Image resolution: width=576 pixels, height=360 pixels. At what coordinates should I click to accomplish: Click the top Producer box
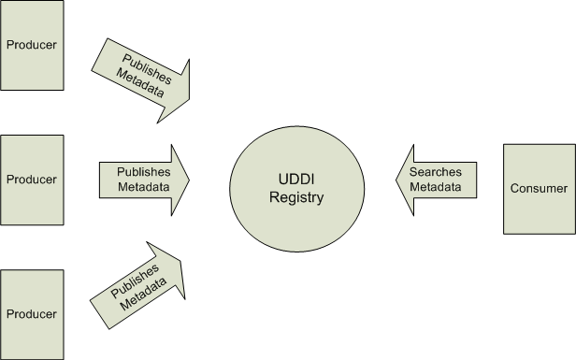32,45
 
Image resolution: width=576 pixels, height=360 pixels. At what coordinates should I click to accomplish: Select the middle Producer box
32,179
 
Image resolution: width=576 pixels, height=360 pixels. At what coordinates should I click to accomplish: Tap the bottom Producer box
32,313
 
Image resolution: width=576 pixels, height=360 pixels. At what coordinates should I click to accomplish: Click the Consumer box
539,189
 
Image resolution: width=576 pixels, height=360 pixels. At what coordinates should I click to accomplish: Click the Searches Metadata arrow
434,180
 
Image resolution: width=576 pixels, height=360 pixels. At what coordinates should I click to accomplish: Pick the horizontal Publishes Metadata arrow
144,179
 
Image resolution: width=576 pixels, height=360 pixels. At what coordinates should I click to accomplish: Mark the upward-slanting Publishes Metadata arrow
141,284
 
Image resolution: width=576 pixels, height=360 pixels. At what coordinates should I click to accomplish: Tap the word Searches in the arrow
439,172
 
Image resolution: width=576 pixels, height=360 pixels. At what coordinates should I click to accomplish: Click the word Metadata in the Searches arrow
439,187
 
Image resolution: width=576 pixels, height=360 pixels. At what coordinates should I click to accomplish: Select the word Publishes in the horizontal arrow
143,172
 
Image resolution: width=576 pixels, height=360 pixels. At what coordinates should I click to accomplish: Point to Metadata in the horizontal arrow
143,186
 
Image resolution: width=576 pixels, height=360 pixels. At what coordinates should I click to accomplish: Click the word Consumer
539,189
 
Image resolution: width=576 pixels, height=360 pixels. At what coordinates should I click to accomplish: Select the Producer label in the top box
32,45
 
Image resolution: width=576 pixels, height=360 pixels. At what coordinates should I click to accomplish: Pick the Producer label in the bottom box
32,313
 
